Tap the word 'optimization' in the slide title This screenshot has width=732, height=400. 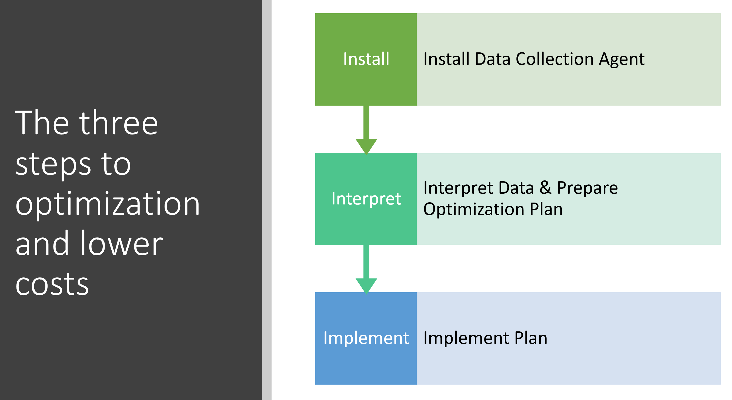108,204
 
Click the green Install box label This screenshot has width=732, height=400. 366,59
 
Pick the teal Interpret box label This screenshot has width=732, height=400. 366,199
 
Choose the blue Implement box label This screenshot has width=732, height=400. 366,338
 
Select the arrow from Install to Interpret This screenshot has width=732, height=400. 366,129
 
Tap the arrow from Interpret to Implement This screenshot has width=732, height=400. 366,269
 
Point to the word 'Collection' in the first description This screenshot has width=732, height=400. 554,59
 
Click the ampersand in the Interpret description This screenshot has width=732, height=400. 545,188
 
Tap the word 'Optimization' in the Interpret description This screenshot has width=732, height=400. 474,210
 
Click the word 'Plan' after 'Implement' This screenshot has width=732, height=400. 531,338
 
